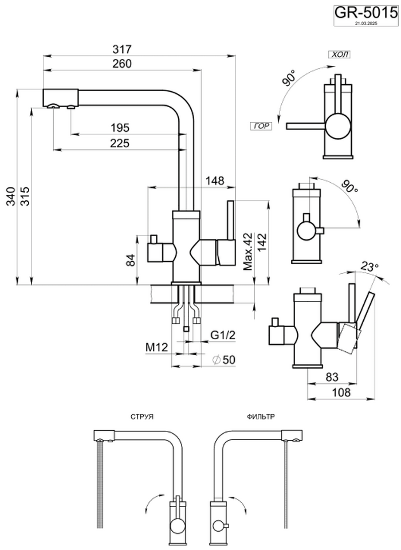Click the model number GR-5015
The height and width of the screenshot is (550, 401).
[x=365, y=12]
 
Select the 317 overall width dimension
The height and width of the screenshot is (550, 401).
[x=124, y=50]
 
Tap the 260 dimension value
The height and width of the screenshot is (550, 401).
[x=122, y=64]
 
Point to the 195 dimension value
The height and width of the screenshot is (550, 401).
[x=120, y=128]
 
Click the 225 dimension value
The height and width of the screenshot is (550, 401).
[x=120, y=143]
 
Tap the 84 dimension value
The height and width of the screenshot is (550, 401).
[x=131, y=261]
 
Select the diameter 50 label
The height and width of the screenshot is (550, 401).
[x=225, y=359]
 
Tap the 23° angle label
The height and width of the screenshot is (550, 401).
[x=370, y=267]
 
